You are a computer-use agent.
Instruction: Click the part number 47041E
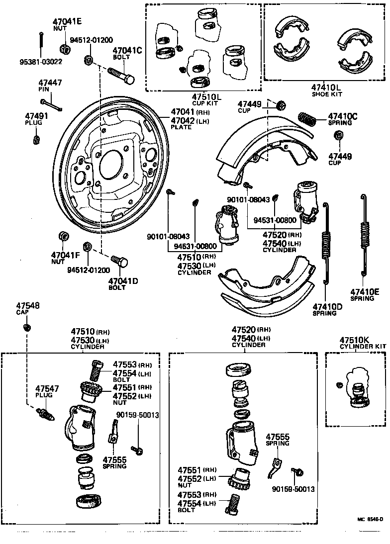67,21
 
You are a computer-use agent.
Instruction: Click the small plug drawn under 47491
36,138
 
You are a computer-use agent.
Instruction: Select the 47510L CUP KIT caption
205,99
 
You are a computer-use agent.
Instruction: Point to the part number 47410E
364,291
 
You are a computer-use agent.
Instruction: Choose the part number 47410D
327,306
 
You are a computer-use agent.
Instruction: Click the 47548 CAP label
27,309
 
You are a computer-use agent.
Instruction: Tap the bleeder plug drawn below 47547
44,413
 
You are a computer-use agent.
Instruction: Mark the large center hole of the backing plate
111,165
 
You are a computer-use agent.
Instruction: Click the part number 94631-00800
195,246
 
